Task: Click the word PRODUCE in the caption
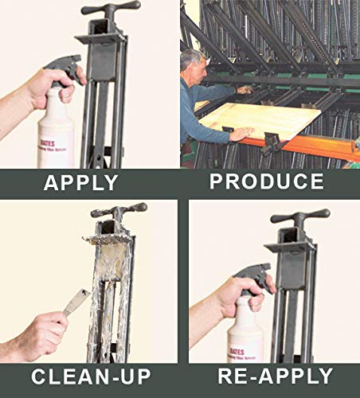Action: [x=267, y=181]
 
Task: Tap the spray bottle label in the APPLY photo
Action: [x=56, y=127]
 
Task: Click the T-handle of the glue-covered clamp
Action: [x=118, y=212]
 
